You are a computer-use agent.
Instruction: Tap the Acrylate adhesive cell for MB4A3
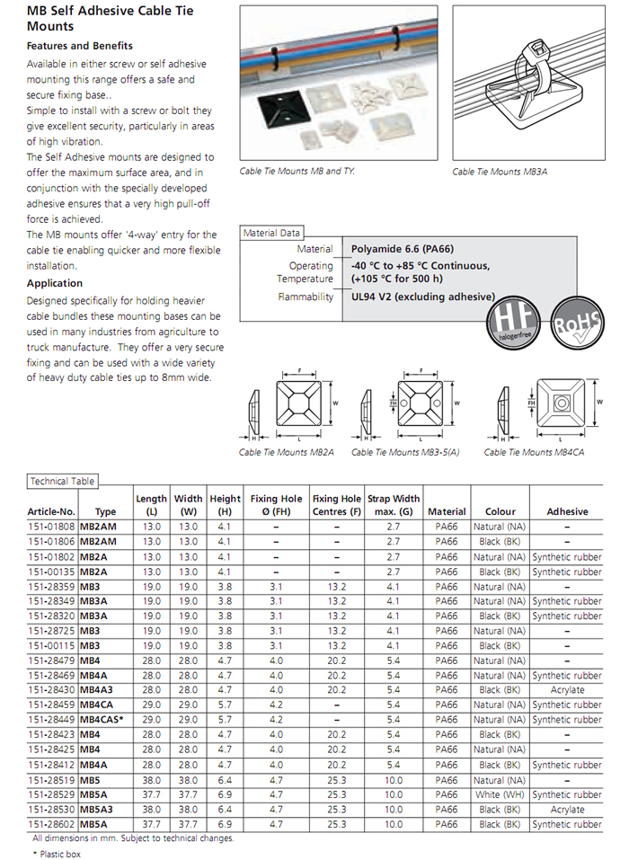click(x=567, y=690)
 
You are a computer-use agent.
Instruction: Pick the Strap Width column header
click(x=394, y=505)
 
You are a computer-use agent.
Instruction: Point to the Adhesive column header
click(x=567, y=511)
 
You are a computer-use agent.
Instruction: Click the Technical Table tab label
click(x=62, y=482)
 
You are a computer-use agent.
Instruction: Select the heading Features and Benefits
click(x=80, y=46)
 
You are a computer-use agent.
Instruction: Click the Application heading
click(x=55, y=283)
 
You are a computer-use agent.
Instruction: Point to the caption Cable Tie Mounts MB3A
click(x=501, y=172)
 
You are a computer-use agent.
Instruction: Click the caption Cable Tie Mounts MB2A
click(x=287, y=453)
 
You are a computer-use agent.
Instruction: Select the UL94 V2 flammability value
click(x=422, y=297)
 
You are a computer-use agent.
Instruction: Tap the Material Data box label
click(x=272, y=234)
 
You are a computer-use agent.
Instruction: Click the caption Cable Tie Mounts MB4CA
click(x=533, y=453)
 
